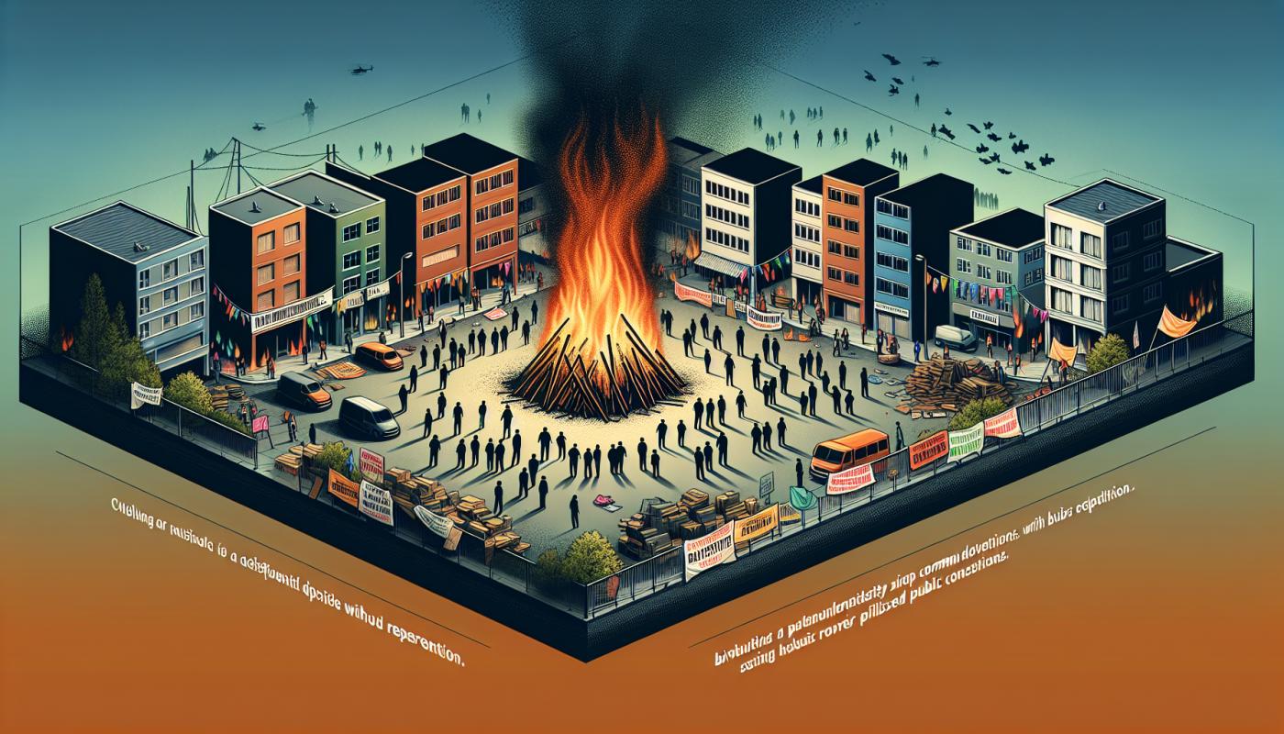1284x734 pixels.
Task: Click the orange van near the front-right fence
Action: tap(849, 450)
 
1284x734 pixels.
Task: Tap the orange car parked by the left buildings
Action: tap(378, 356)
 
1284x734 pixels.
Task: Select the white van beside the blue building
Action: tap(956, 339)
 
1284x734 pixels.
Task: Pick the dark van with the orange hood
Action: tap(304, 391)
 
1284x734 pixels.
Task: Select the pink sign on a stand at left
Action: tap(260, 424)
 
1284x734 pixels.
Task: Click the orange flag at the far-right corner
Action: tap(1176, 321)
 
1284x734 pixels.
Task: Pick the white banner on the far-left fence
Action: tap(145, 395)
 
